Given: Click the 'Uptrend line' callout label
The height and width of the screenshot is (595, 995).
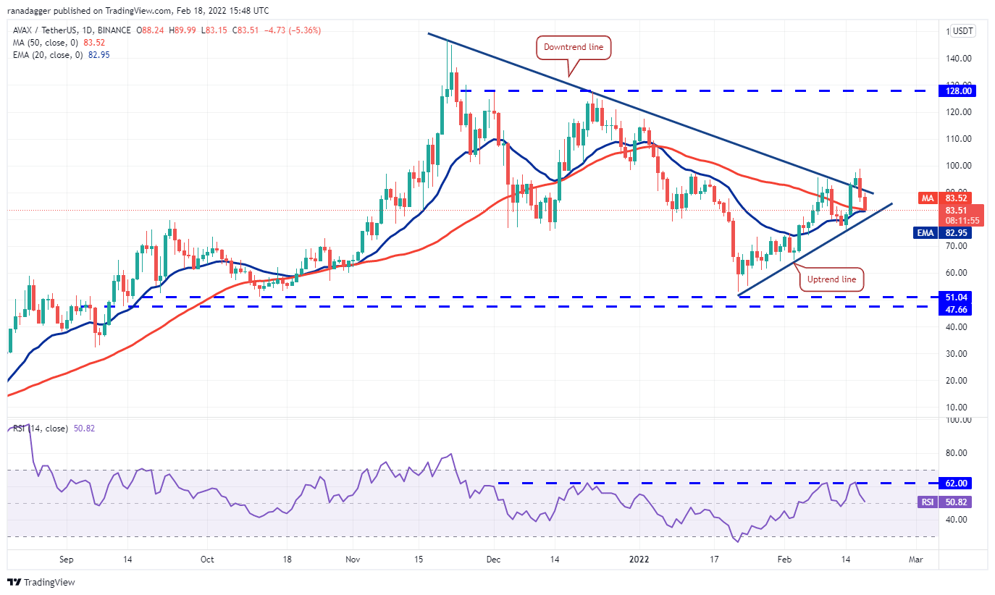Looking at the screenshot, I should point(833,279).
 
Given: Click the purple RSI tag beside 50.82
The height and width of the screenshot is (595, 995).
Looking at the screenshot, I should point(926,502).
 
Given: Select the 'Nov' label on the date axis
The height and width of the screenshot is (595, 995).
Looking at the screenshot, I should point(353,560).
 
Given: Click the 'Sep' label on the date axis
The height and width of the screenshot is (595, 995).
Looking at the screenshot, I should point(66,560).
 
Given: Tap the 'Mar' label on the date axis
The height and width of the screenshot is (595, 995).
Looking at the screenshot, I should point(915,560).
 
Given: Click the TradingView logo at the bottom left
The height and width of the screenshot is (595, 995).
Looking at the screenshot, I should point(41,582).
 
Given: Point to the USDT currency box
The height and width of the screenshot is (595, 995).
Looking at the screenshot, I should point(963,31).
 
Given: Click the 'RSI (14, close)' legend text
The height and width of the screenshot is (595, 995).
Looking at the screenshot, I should point(44,429).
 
